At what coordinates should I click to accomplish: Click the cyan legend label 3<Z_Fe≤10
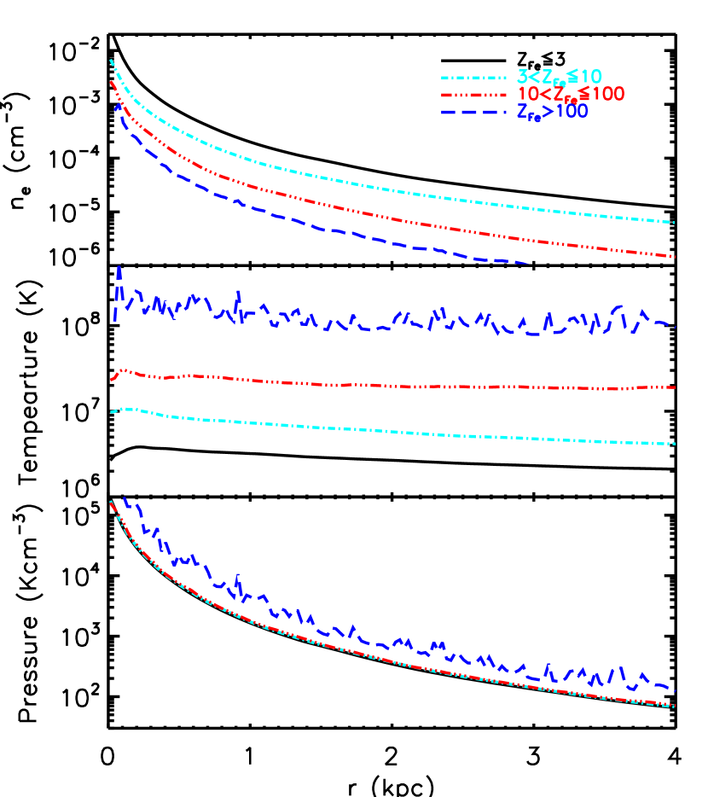click(x=559, y=77)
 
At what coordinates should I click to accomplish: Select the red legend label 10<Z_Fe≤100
click(x=571, y=94)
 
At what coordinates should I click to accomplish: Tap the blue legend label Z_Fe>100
click(x=552, y=111)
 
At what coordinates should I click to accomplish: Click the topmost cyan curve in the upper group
click(x=341, y=182)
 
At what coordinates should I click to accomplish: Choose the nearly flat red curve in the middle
click(x=384, y=386)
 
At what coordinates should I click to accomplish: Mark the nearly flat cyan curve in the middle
click(x=384, y=431)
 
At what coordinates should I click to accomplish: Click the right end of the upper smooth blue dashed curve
click(x=527, y=263)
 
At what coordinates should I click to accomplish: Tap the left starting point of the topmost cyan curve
click(x=111, y=60)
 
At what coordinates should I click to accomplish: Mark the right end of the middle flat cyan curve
click(x=675, y=444)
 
